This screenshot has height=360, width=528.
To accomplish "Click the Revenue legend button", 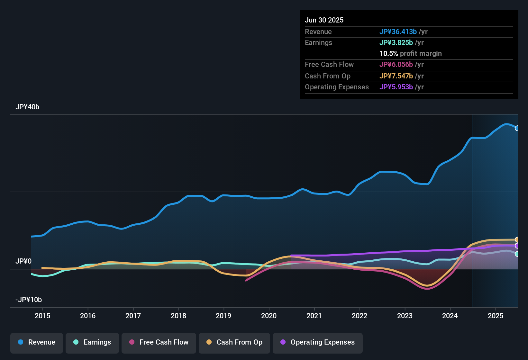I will pos(37,342).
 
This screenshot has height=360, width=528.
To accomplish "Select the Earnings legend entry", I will pos(92,342).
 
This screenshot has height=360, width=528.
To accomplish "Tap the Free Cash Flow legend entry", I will pos(159,342).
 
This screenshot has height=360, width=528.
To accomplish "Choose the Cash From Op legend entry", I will pos(234,342).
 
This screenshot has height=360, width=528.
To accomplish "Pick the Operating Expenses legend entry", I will pos(318,342).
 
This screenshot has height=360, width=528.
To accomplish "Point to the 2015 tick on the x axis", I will pos(42,316).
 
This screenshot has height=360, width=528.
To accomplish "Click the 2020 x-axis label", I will pos(269,316).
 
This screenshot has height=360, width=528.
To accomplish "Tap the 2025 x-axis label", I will pos(495,316).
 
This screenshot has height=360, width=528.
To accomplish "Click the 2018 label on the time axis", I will pos(178,316).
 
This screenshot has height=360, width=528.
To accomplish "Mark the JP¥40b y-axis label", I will pos(27,107).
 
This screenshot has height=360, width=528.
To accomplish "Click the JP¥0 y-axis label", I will pos(23,261).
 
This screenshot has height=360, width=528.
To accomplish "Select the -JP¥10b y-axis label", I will pos(29,300).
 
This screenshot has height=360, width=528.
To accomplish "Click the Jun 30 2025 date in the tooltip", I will pos(324,20).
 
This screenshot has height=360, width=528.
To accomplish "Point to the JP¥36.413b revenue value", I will pos(398,32).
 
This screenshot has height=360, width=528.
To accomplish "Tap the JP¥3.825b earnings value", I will pos(396,43).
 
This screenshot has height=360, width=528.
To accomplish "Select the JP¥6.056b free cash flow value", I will pos(396,65).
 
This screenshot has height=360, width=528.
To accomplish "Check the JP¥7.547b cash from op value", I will pos(396,76).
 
